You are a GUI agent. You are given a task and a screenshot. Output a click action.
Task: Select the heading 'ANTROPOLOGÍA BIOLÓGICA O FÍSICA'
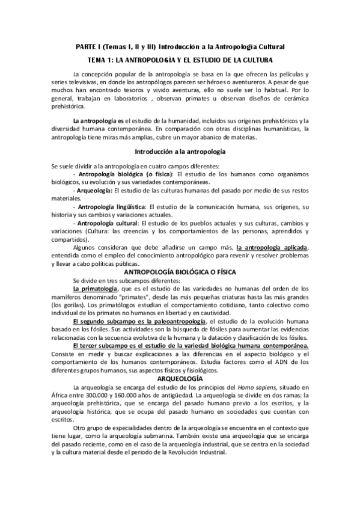(180, 271)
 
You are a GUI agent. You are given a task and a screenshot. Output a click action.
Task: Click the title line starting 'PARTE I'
(180, 46)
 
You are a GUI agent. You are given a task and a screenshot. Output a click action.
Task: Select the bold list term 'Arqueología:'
(95, 189)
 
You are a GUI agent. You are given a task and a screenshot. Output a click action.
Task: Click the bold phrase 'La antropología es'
(95, 121)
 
